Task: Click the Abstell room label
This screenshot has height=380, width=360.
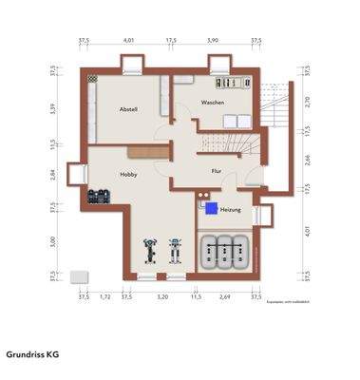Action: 128,109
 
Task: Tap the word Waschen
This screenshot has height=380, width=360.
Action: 212,103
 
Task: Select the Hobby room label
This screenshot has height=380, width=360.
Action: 128,175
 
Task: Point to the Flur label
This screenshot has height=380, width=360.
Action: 217,170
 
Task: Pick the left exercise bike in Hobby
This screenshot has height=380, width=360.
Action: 149,252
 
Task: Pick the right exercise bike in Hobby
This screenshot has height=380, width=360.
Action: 175,252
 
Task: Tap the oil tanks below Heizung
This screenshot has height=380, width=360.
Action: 224,251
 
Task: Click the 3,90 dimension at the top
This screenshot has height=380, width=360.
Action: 213,41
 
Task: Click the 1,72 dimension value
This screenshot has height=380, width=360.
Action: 104,297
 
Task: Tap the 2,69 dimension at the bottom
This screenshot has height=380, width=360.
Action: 224,297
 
